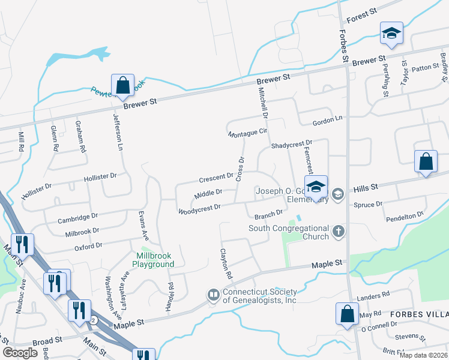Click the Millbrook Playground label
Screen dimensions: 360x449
pyautogui.click(x=154, y=260)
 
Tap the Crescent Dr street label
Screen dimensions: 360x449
pyautogui.click(x=216, y=178)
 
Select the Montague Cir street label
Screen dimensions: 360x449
pyautogui.click(x=247, y=133)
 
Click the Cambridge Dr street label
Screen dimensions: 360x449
pyautogui.click(x=77, y=218)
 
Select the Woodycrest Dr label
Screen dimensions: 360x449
pyautogui.click(x=200, y=208)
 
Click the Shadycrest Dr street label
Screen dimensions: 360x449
pyautogui.click(x=292, y=145)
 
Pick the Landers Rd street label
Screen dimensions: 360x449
pyautogui.click(x=373, y=295)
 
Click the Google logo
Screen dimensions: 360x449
pyautogui.click(x=20, y=352)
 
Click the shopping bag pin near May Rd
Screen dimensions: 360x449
pyautogui.click(x=347, y=314)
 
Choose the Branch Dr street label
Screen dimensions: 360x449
pyautogui.click(x=268, y=214)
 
